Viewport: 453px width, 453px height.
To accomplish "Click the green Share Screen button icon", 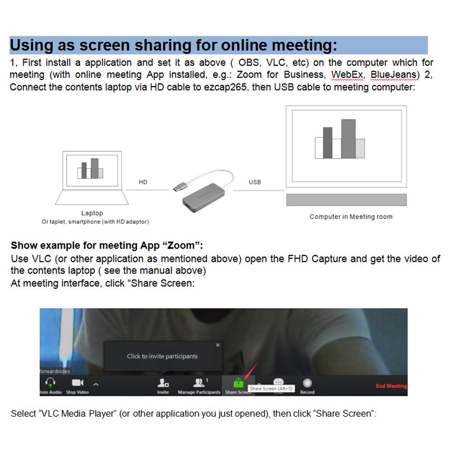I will (x=238, y=383).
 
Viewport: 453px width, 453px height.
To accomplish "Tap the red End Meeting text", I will (x=391, y=386).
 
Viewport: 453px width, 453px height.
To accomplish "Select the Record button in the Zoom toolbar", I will (x=307, y=384).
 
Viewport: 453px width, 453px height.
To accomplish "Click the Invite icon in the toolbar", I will (x=163, y=384).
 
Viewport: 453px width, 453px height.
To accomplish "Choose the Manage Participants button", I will (x=199, y=384).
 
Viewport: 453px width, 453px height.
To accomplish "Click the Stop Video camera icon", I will (x=77, y=383).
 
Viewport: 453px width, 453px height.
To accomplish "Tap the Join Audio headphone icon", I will (x=50, y=383).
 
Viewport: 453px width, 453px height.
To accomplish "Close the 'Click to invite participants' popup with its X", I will (x=218, y=345).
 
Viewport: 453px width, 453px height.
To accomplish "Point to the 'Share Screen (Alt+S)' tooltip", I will (x=271, y=389).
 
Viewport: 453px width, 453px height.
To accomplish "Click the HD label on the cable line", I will (x=143, y=182).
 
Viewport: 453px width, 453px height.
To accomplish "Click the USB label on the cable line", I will (x=255, y=182).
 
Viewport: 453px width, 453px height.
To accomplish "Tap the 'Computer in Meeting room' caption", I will (x=351, y=217).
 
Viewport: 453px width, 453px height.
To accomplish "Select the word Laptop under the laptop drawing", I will (x=92, y=213).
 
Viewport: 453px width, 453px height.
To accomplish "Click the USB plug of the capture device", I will (x=178, y=186).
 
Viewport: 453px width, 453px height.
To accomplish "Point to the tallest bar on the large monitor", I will (x=348, y=139).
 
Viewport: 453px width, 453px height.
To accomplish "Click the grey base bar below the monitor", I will (x=346, y=200).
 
